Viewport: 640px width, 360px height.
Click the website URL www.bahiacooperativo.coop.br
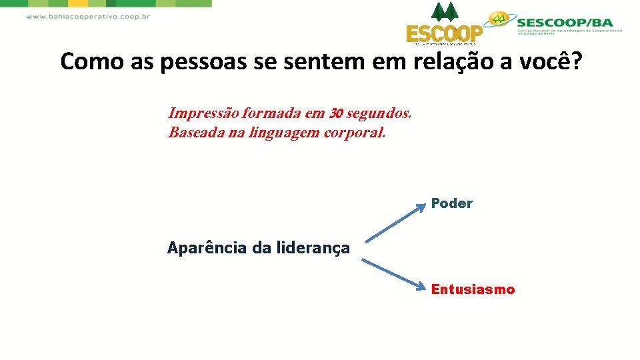[x=87, y=17]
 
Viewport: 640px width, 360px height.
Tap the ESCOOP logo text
[x=444, y=34]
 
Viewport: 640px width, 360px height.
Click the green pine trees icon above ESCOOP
[x=445, y=12]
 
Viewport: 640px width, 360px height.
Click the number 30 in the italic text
[x=335, y=113]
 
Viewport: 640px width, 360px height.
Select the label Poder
[x=451, y=203]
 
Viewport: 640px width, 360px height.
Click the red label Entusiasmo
[x=473, y=289]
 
